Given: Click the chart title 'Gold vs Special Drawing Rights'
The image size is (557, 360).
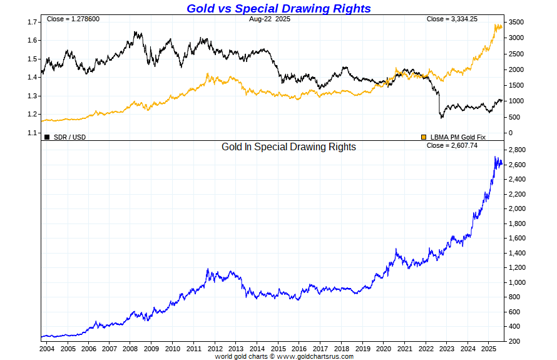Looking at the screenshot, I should click(x=278, y=8).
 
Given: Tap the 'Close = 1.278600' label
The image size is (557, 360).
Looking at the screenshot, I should click(x=73, y=19).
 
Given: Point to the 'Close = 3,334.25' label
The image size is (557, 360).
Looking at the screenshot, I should click(x=452, y=19).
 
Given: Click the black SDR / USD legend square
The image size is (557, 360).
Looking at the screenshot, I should click(x=47, y=136).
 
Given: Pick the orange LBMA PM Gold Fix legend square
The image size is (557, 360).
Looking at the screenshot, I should click(x=424, y=136).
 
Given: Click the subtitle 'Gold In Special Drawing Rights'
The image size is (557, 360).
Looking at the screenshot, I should click(x=289, y=147).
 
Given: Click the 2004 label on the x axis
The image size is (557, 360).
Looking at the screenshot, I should click(x=47, y=349).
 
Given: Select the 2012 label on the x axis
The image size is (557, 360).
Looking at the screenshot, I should click(x=216, y=349).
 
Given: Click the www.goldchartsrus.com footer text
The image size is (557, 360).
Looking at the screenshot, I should click(x=315, y=356).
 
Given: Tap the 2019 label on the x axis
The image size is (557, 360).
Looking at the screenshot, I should click(x=364, y=349).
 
